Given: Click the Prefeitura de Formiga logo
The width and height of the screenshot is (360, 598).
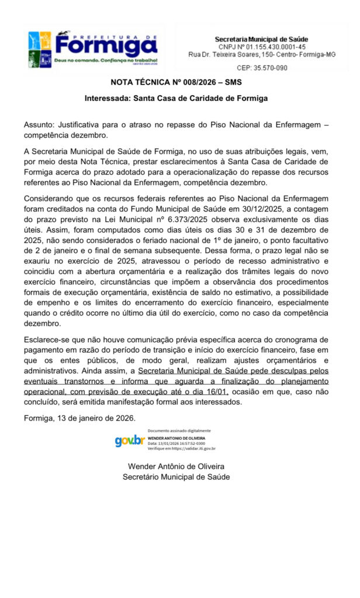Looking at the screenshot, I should coord(93,48).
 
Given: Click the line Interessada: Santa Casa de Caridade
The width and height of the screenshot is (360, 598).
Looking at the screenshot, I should coord(176,98).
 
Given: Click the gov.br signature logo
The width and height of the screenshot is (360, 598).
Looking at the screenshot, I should coord(130,441).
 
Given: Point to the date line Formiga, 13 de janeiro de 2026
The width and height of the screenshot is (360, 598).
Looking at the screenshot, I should coord(79,418).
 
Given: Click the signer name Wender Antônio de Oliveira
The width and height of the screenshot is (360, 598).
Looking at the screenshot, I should coord(176,466).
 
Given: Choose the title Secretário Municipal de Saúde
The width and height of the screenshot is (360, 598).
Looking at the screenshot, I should coord(176,477).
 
